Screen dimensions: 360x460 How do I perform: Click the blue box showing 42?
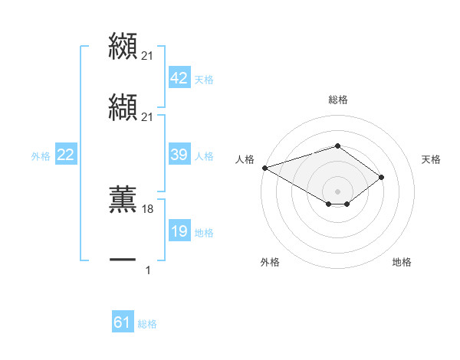(179, 78)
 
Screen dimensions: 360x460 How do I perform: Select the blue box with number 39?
(179, 155)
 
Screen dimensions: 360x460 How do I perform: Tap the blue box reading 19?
(179, 231)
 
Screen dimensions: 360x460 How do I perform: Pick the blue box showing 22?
(65, 155)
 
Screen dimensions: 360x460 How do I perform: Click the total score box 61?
(123, 322)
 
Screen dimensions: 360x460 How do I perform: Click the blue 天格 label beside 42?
(204, 80)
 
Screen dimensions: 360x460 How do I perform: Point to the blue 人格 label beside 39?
(204, 156)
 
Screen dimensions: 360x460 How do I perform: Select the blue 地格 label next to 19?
(204, 233)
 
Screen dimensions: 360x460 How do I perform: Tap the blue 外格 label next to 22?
(41, 156)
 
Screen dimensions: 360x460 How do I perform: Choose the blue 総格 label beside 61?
(147, 324)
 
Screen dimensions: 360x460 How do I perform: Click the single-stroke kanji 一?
(123, 260)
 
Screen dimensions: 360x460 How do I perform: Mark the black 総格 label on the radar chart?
(337, 100)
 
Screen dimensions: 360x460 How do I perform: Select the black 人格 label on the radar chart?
(245, 159)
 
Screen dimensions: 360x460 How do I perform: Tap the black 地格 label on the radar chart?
(402, 262)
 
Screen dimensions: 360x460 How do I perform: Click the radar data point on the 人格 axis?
(264, 167)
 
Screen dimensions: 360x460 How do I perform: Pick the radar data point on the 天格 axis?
(381, 177)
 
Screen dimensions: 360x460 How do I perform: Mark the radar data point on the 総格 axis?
(337, 146)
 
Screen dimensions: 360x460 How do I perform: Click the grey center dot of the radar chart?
(337, 191)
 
